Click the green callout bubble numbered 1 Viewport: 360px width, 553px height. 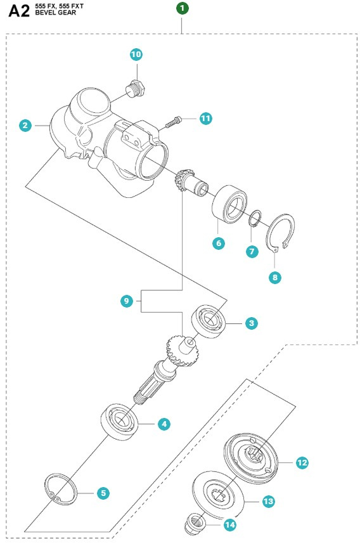tap(182, 8)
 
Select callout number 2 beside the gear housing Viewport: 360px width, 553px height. tap(25, 126)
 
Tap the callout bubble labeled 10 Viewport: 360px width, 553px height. tap(136, 55)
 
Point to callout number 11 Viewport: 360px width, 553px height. tap(205, 119)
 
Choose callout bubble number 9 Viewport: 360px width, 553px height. tap(127, 302)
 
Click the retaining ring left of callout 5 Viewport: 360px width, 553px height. tap(62, 491)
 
